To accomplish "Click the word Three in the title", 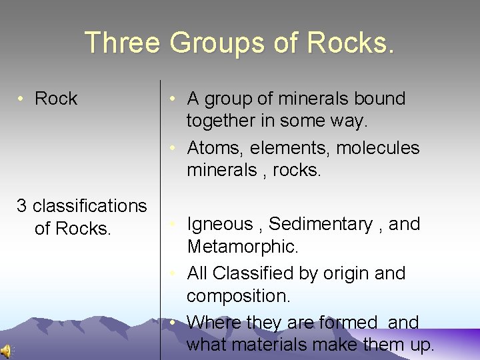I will tap(123, 43).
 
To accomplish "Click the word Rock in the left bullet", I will tap(56, 99).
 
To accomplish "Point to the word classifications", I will tap(89, 206).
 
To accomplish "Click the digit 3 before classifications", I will tap(21, 206).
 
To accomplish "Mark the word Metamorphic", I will tap(242, 247).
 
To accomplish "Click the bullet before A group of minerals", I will tap(172, 99).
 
